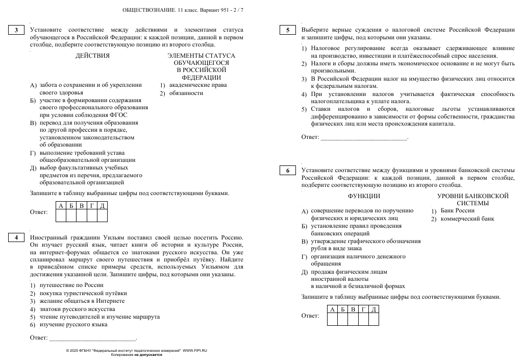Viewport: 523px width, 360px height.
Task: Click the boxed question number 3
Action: (x=16, y=30)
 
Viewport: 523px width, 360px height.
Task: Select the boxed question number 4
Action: (x=16, y=237)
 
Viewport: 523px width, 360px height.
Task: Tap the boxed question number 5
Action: (x=288, y=30)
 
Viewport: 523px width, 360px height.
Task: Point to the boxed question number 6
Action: (x=288, y=170)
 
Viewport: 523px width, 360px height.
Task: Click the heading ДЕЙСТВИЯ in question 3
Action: (x=92, y=56)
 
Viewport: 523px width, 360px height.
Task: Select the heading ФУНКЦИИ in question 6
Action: (x=364, y=196)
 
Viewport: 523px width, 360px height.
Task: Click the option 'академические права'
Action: (x=198, y=85)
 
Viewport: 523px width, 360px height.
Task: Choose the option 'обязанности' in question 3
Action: (x=186, y=93)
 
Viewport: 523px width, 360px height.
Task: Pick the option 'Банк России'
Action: (x=458, y=210)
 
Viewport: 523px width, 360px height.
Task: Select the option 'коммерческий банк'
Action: (x=467, y=219)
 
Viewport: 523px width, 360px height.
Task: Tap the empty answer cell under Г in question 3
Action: (x=92, y=215)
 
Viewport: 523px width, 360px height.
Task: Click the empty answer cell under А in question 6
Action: (x=332, y=319)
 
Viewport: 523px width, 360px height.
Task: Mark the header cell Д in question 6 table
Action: (x=373, y=309)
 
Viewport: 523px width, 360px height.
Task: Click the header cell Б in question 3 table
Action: (x=71, y=205)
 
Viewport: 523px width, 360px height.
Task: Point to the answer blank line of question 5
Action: (x=363, y=137)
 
